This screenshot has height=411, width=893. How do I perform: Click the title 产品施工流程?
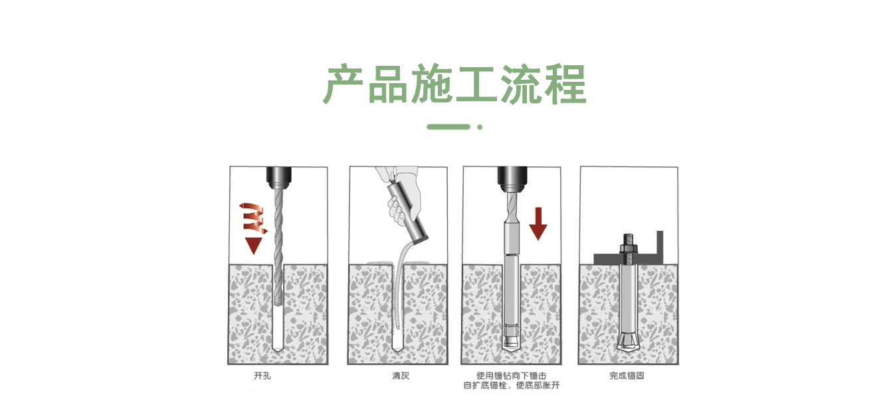(454, 84)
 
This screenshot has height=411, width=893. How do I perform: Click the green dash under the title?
(448, 126)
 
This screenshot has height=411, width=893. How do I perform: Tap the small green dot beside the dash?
(480, 126)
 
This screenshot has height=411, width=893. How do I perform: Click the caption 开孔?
(262, 376)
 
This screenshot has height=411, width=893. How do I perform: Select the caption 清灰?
(401, 376)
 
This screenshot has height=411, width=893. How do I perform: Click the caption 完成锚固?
(627, 376)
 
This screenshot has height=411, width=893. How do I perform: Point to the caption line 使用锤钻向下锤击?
(511, 376)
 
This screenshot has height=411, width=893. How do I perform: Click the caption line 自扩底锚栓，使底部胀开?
(511, 386)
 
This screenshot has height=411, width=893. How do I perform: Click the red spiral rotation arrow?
(251, 217)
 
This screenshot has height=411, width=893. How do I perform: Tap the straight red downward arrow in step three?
(538, 223)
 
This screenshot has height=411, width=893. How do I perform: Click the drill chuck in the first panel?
(278, 177)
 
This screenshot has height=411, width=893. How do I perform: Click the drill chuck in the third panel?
(511, 177)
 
